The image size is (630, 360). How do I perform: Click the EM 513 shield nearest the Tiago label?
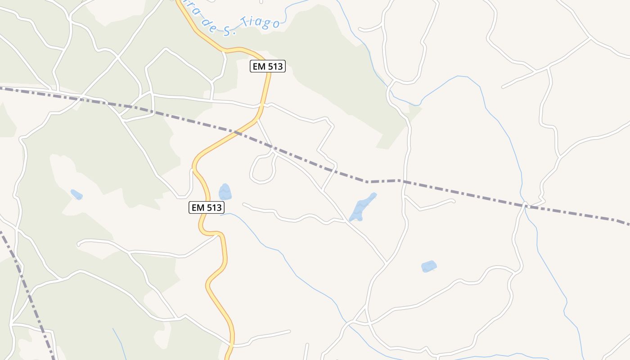[268, 67]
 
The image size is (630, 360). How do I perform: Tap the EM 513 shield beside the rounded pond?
[206, 207]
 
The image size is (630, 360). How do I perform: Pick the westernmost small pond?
[76, 194]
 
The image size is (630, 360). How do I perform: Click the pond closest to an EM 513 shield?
[225, 192]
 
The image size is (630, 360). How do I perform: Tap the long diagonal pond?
[362, 207]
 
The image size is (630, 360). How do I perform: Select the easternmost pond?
[429, 266]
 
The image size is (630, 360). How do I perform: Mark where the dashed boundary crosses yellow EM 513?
[237, 132]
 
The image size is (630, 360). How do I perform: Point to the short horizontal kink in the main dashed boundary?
[382, 181]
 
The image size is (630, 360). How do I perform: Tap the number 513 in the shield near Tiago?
[274, 67]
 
